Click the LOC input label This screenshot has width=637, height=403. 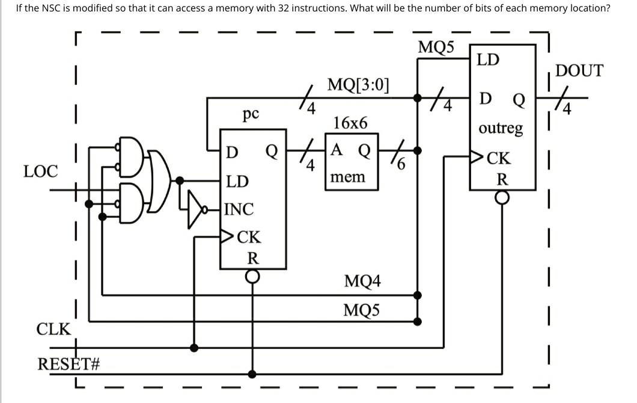40,172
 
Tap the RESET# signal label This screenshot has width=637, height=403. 68,365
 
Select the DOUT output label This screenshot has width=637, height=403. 579,71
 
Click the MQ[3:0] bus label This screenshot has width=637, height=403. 358,84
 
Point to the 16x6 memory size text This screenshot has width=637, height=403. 350,123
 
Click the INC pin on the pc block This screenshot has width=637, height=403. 239,209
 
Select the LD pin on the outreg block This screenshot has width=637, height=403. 487,60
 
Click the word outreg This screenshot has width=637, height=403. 501,128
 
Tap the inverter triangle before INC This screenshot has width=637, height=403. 196,209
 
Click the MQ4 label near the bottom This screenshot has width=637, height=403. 362,281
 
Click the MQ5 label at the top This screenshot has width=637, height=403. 436,48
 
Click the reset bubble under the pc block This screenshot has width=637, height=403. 253,276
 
